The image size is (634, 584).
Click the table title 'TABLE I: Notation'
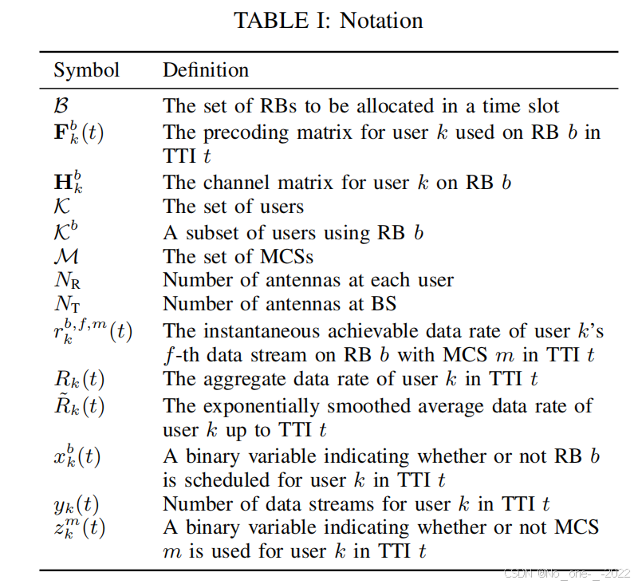[x=328, y=20]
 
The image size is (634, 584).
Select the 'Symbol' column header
[x=86, y=70]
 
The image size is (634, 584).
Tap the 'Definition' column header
[x=206, y=70]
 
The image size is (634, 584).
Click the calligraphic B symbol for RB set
[x=61, y=105]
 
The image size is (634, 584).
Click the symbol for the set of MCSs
[x=65, y=256]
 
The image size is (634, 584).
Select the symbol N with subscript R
[x=67, y=281]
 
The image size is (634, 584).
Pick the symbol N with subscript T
[x=67, y=304]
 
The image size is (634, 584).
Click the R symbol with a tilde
[x=78, y=405]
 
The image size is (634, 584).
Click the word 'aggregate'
[x=228, y=379]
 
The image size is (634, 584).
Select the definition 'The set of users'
[x=233, y=207]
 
